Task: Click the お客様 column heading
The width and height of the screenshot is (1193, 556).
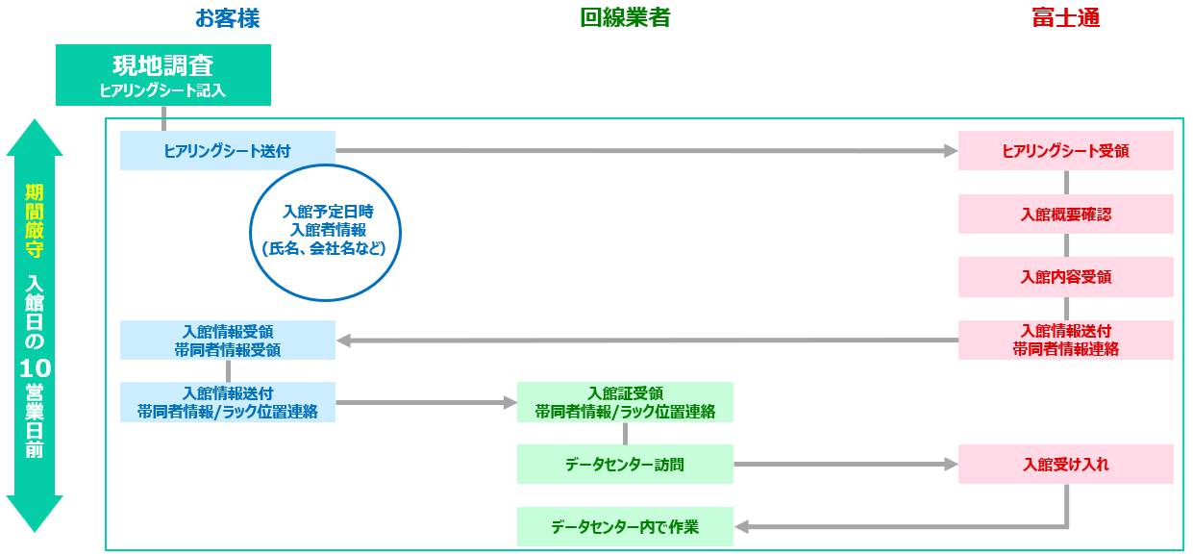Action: [227, 18]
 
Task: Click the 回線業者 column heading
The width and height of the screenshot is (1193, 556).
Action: [625, 18]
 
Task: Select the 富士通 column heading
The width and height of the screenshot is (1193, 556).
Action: [1065, 18]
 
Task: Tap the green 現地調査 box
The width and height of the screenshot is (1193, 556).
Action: [163, 74]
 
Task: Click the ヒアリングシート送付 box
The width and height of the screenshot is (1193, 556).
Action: [228, 150]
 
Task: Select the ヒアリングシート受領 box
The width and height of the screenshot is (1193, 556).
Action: [1065, 150]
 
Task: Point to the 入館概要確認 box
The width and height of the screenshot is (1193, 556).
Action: [1065, 214]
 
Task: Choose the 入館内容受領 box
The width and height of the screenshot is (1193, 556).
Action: [1065, 277]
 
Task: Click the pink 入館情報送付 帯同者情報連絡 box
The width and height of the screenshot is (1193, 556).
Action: [1065, 340]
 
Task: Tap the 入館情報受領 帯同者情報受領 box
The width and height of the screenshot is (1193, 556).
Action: [228, 340]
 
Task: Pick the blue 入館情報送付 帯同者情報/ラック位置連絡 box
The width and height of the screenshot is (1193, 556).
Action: [228, 402]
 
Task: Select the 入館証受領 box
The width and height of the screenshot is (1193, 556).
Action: [625, 402]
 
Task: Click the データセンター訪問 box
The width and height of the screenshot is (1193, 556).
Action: [625, 464]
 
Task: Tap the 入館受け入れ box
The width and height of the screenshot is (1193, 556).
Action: [1065, 464]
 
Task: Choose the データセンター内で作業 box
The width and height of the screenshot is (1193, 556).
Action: [625, 526]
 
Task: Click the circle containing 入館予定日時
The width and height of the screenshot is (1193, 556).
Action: [324, 232]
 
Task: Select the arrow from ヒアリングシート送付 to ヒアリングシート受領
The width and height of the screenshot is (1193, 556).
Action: [644, 150]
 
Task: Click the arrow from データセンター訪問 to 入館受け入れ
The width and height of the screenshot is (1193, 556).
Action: [846, 464]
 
